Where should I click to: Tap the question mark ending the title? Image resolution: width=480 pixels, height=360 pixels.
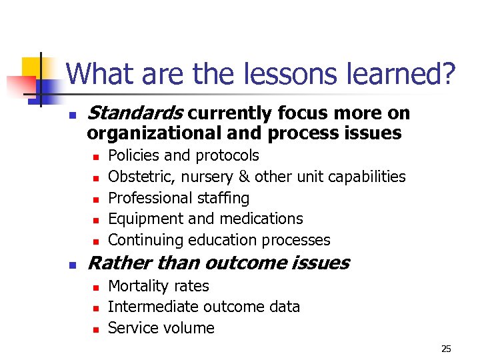448,74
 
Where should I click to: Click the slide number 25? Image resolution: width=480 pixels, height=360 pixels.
446,349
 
